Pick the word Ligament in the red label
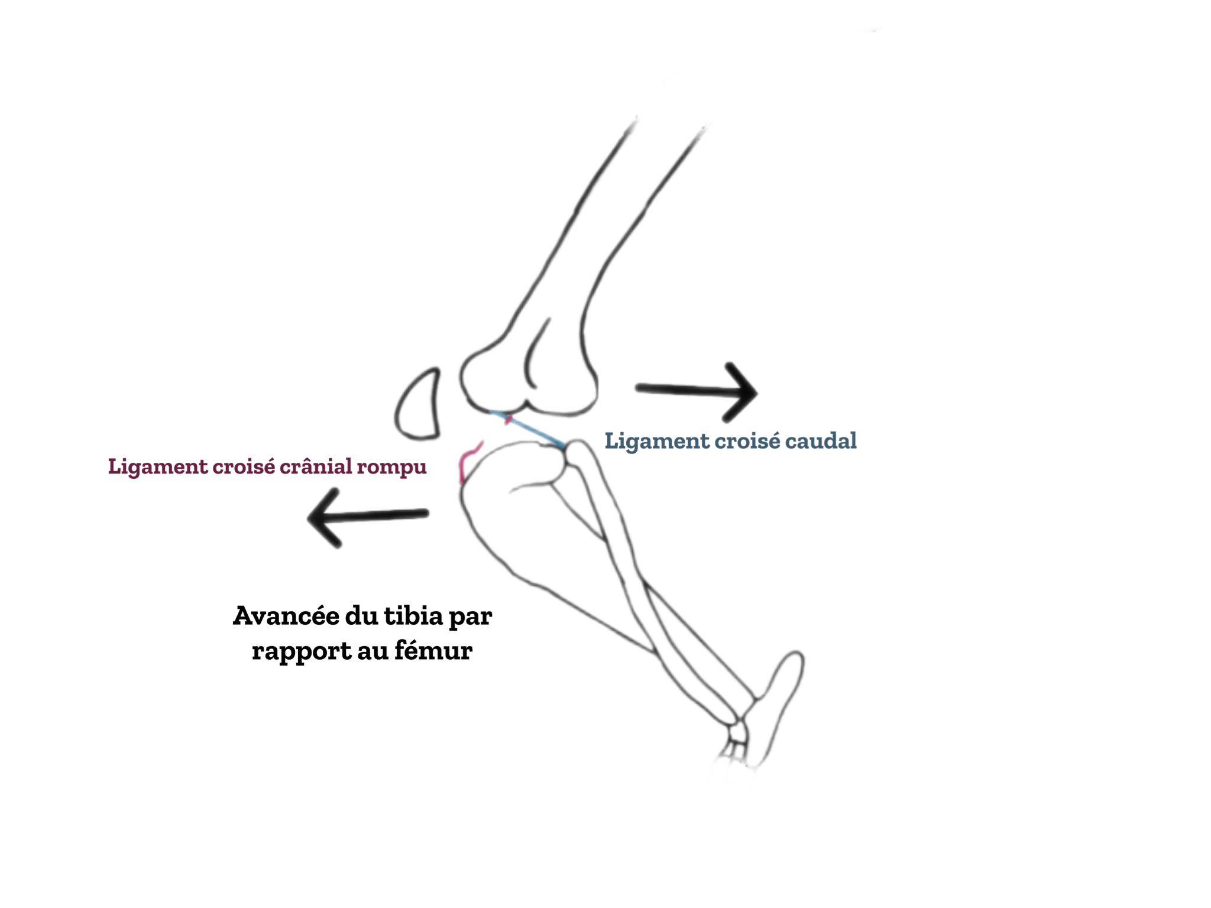157,466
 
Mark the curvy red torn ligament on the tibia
469,459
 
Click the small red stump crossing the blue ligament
507,420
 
